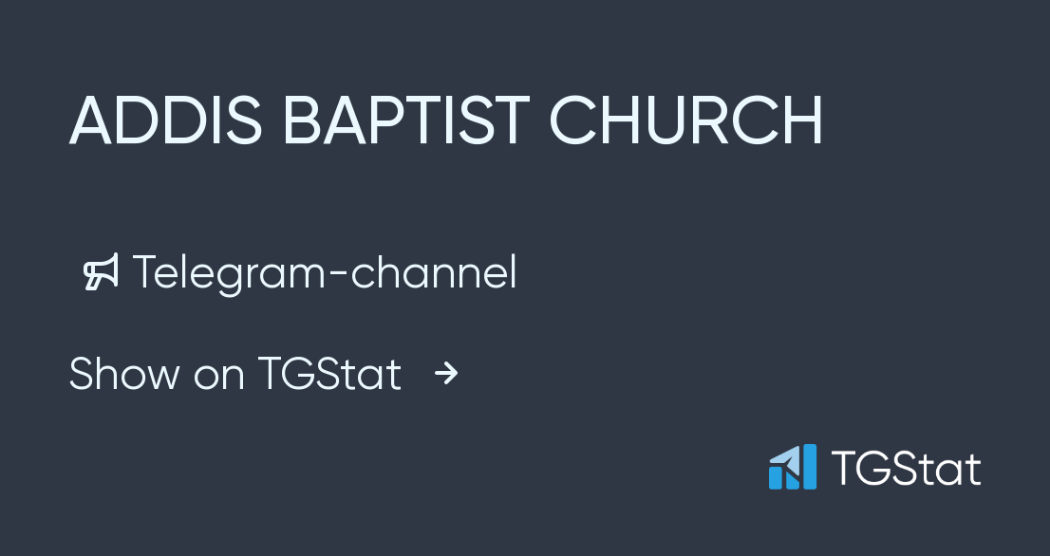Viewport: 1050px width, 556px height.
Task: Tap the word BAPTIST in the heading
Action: coord(406,120)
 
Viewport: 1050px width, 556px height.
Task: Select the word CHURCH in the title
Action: coord(686,120)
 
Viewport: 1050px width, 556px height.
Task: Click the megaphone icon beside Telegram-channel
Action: coord(102,272)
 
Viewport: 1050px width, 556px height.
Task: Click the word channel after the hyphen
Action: coord(434,273)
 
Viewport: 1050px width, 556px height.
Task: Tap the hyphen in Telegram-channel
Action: coord(338,275)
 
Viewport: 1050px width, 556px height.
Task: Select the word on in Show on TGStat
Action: coord(218,376)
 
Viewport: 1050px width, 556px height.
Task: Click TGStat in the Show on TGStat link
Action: coord(329,374)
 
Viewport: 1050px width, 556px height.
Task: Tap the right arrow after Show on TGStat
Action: coord(446,374)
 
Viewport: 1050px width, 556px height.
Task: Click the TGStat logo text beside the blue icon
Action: coord(906,469)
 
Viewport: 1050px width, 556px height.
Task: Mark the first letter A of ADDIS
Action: coord(91,120)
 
